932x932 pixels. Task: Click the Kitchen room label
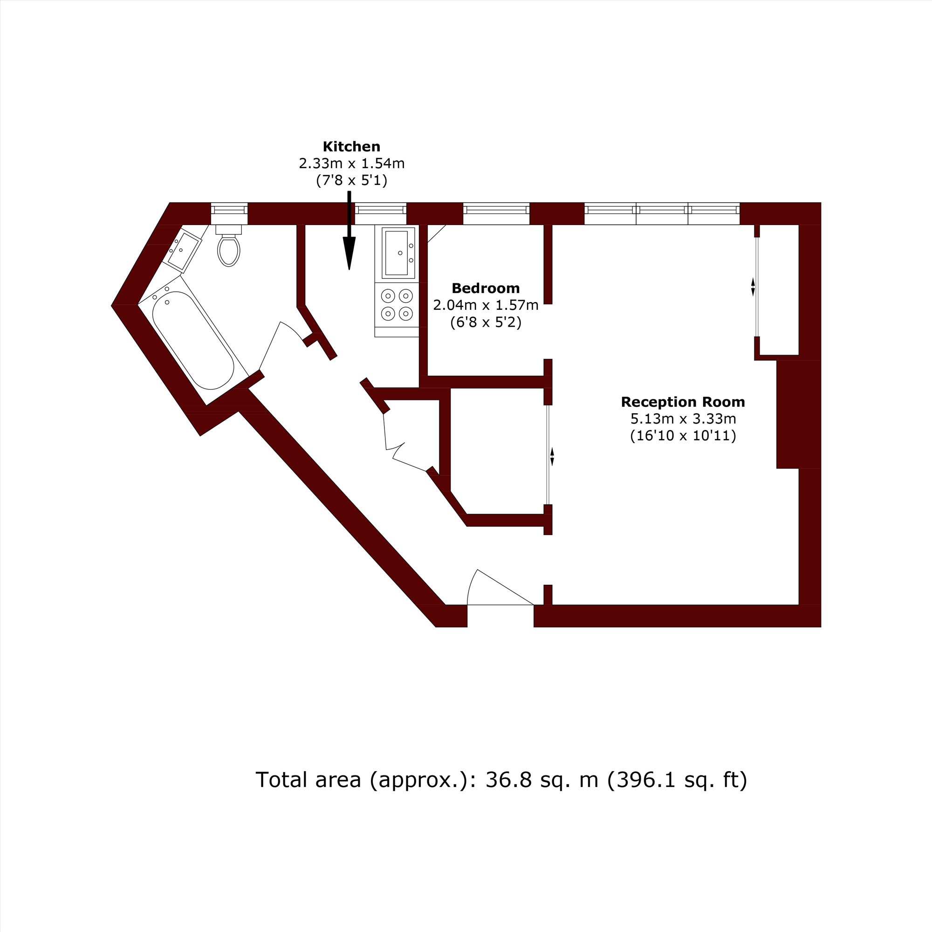pyautogui.click(x=351, y=146)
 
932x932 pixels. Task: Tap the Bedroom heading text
pyautogui.click(x=485, y=288)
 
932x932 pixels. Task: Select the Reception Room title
pyautogui.click(x=683, y=402)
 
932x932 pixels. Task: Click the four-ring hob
pyautogui.click(x=397, y=305)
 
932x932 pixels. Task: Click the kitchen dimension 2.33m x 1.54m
pyautogui.click(x=352, y=164)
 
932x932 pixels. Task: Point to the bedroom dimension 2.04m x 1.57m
pyautogui.click(x=486, y=305)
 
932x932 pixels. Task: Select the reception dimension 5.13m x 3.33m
pyautogui.click(x=683, y=419)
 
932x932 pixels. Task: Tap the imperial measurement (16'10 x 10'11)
pyautogui.click(x=683, y=436)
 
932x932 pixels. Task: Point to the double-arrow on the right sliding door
pyautogui.click(x=753, y=287)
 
